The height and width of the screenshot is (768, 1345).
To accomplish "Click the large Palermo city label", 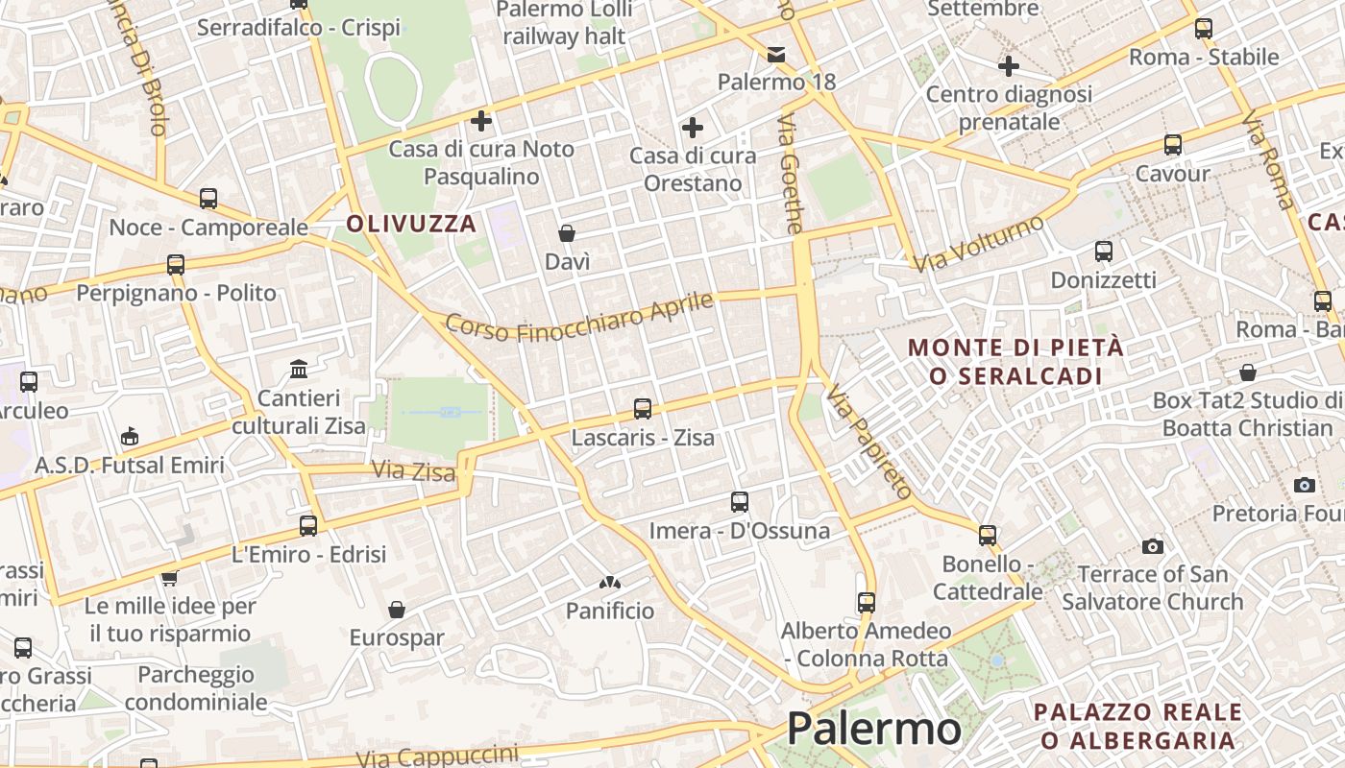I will coord(873,729).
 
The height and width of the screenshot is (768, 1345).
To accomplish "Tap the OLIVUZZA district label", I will coord(411,225).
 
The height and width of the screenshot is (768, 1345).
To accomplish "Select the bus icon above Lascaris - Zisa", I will coord(643,410).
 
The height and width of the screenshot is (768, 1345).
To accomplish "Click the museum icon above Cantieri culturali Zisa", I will coord(299,370).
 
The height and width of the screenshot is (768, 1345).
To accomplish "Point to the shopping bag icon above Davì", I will coord(567,233).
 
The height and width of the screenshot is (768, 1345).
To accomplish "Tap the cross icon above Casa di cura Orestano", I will coord(692,127).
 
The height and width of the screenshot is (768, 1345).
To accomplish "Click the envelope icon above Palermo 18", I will coord(776,54).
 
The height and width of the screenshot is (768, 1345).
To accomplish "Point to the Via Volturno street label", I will coord(978,243).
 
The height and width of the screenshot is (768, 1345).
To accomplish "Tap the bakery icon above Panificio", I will coord(609,583).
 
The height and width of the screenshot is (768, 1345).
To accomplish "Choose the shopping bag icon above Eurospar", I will coord(396,610).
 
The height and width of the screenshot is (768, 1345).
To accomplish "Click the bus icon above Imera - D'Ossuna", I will coord(739,502).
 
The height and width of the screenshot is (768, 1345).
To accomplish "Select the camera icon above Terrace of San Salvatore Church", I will coord(1152,547).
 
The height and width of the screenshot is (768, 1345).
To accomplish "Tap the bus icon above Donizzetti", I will coord(1103,252).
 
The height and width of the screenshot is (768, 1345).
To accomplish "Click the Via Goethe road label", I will coord(790,174).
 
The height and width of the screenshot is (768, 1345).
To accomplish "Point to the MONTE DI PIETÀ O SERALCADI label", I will coord(1015,361).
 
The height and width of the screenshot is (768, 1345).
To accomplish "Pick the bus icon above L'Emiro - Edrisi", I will coord(307,526).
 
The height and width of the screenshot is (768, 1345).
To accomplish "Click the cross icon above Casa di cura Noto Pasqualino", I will coord(481,121).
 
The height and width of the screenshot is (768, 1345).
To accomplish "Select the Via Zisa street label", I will coord(400,470).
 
